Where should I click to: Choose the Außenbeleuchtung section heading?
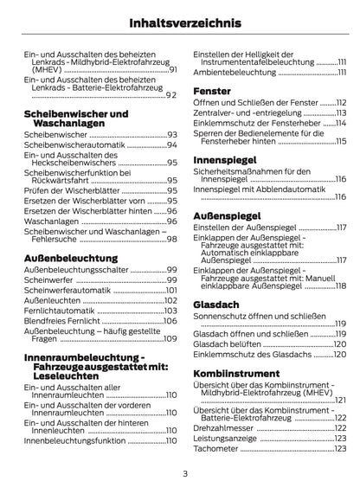71,258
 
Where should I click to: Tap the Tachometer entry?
221,450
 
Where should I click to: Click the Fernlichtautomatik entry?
66,311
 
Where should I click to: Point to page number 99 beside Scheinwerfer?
171,281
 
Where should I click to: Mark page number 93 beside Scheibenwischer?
171,135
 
